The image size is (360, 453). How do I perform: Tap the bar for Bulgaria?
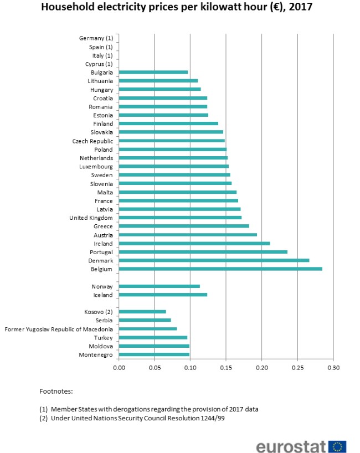[153, 73]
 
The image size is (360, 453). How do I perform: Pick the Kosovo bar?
[142, 312]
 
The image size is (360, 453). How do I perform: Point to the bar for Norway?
[160, 286]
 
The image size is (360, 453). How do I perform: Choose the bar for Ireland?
[194, 243]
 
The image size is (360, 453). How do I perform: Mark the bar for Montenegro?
[154, 354]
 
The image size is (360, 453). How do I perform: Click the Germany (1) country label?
[96, 38]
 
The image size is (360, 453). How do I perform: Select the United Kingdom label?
[91, 218]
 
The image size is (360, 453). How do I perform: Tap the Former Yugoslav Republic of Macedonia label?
[59, 329]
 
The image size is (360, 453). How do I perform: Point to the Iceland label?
[102, 295]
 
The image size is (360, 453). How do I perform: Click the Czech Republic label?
[92, 141]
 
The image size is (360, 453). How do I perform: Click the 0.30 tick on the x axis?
[333, 367]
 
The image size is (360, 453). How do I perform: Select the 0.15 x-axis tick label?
[226, 367]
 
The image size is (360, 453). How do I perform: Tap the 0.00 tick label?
[119, 367]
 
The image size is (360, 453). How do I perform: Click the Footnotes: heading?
[56, 391]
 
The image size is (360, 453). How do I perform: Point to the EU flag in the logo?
[337, 447]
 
